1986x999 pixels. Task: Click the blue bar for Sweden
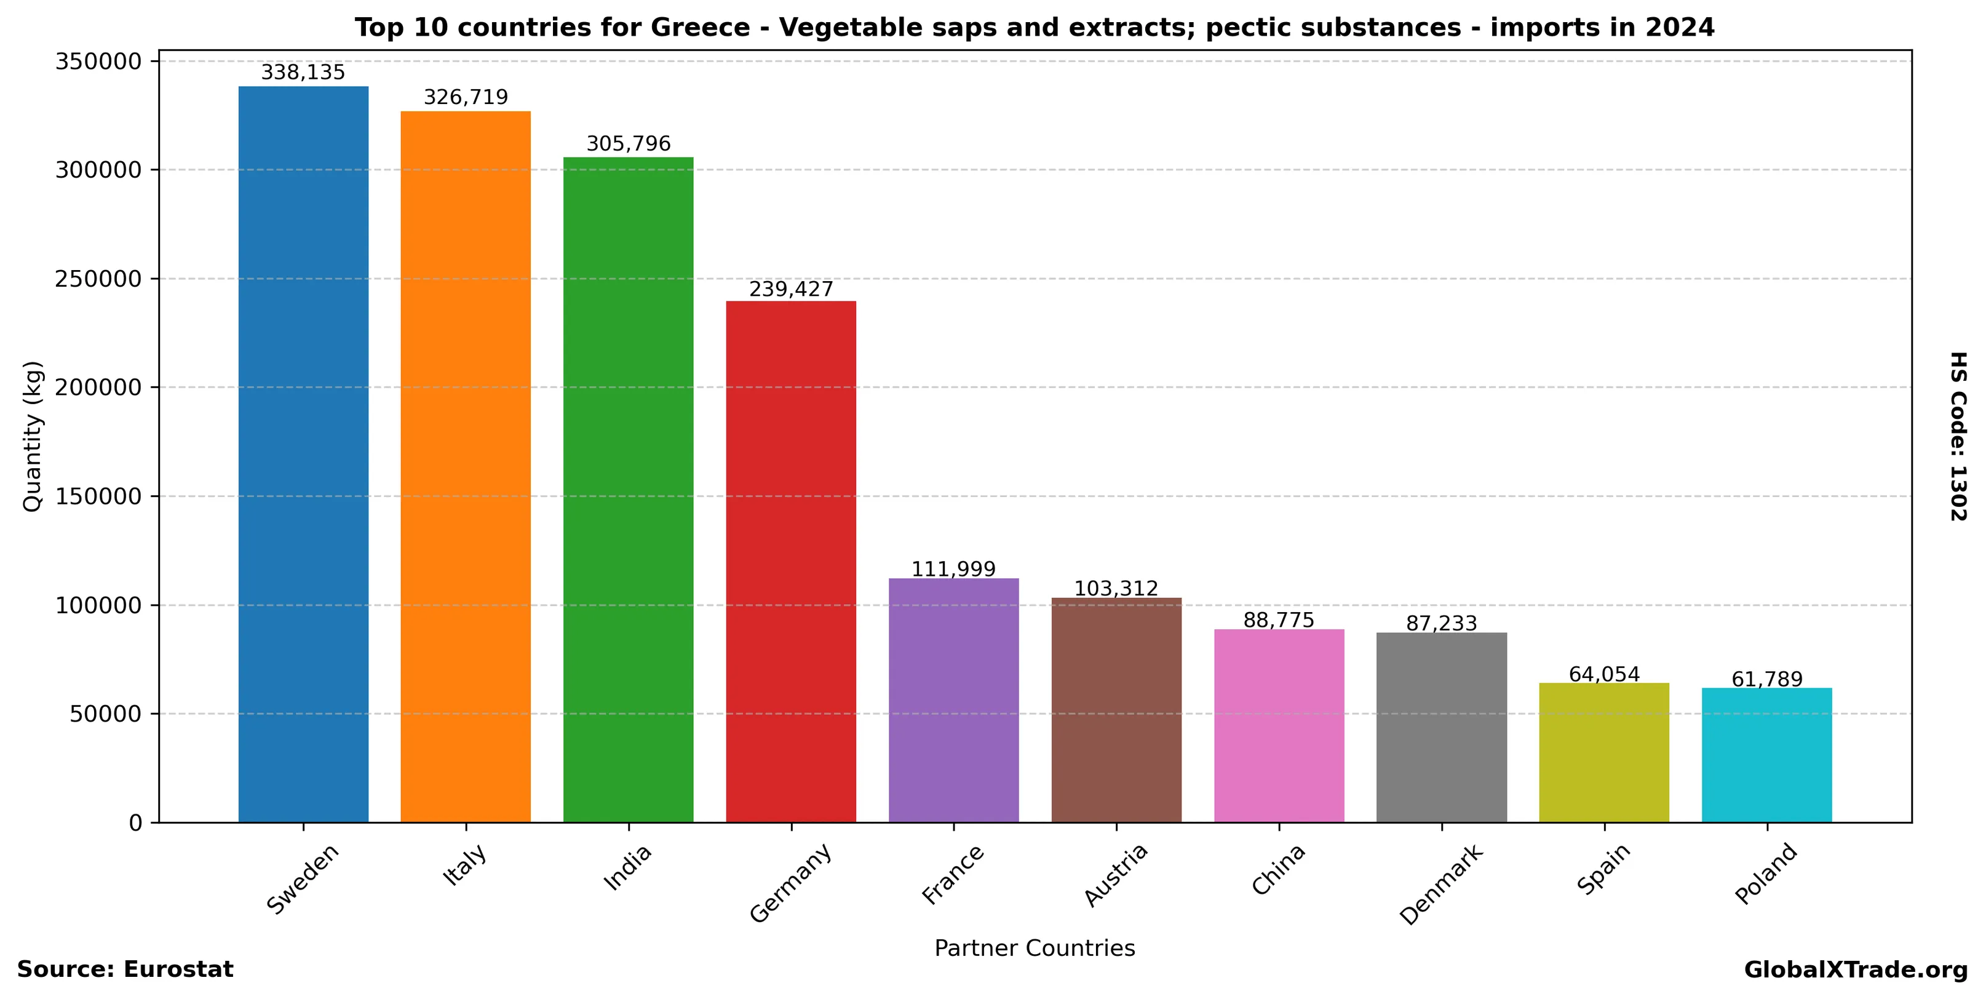click(x=303, y=454)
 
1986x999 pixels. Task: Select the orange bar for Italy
click(x=466, y=466)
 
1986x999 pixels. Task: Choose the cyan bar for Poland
click(x=1767, y=755)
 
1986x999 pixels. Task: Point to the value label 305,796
click(x=629, y=144)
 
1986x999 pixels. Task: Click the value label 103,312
click(x=1116, y=589)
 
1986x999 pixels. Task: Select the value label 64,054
click(x=1605, y=674)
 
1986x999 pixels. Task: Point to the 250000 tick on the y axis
click(x=98, y=279)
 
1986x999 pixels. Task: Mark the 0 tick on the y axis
click(x=136, y=823)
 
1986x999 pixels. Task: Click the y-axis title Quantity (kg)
click(x=33, y=436)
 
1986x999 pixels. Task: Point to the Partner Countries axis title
click(x=1035, y=948)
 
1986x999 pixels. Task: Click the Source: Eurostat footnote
click(x=125, y=969)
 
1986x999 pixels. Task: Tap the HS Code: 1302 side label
click(x=1959, y=436)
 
